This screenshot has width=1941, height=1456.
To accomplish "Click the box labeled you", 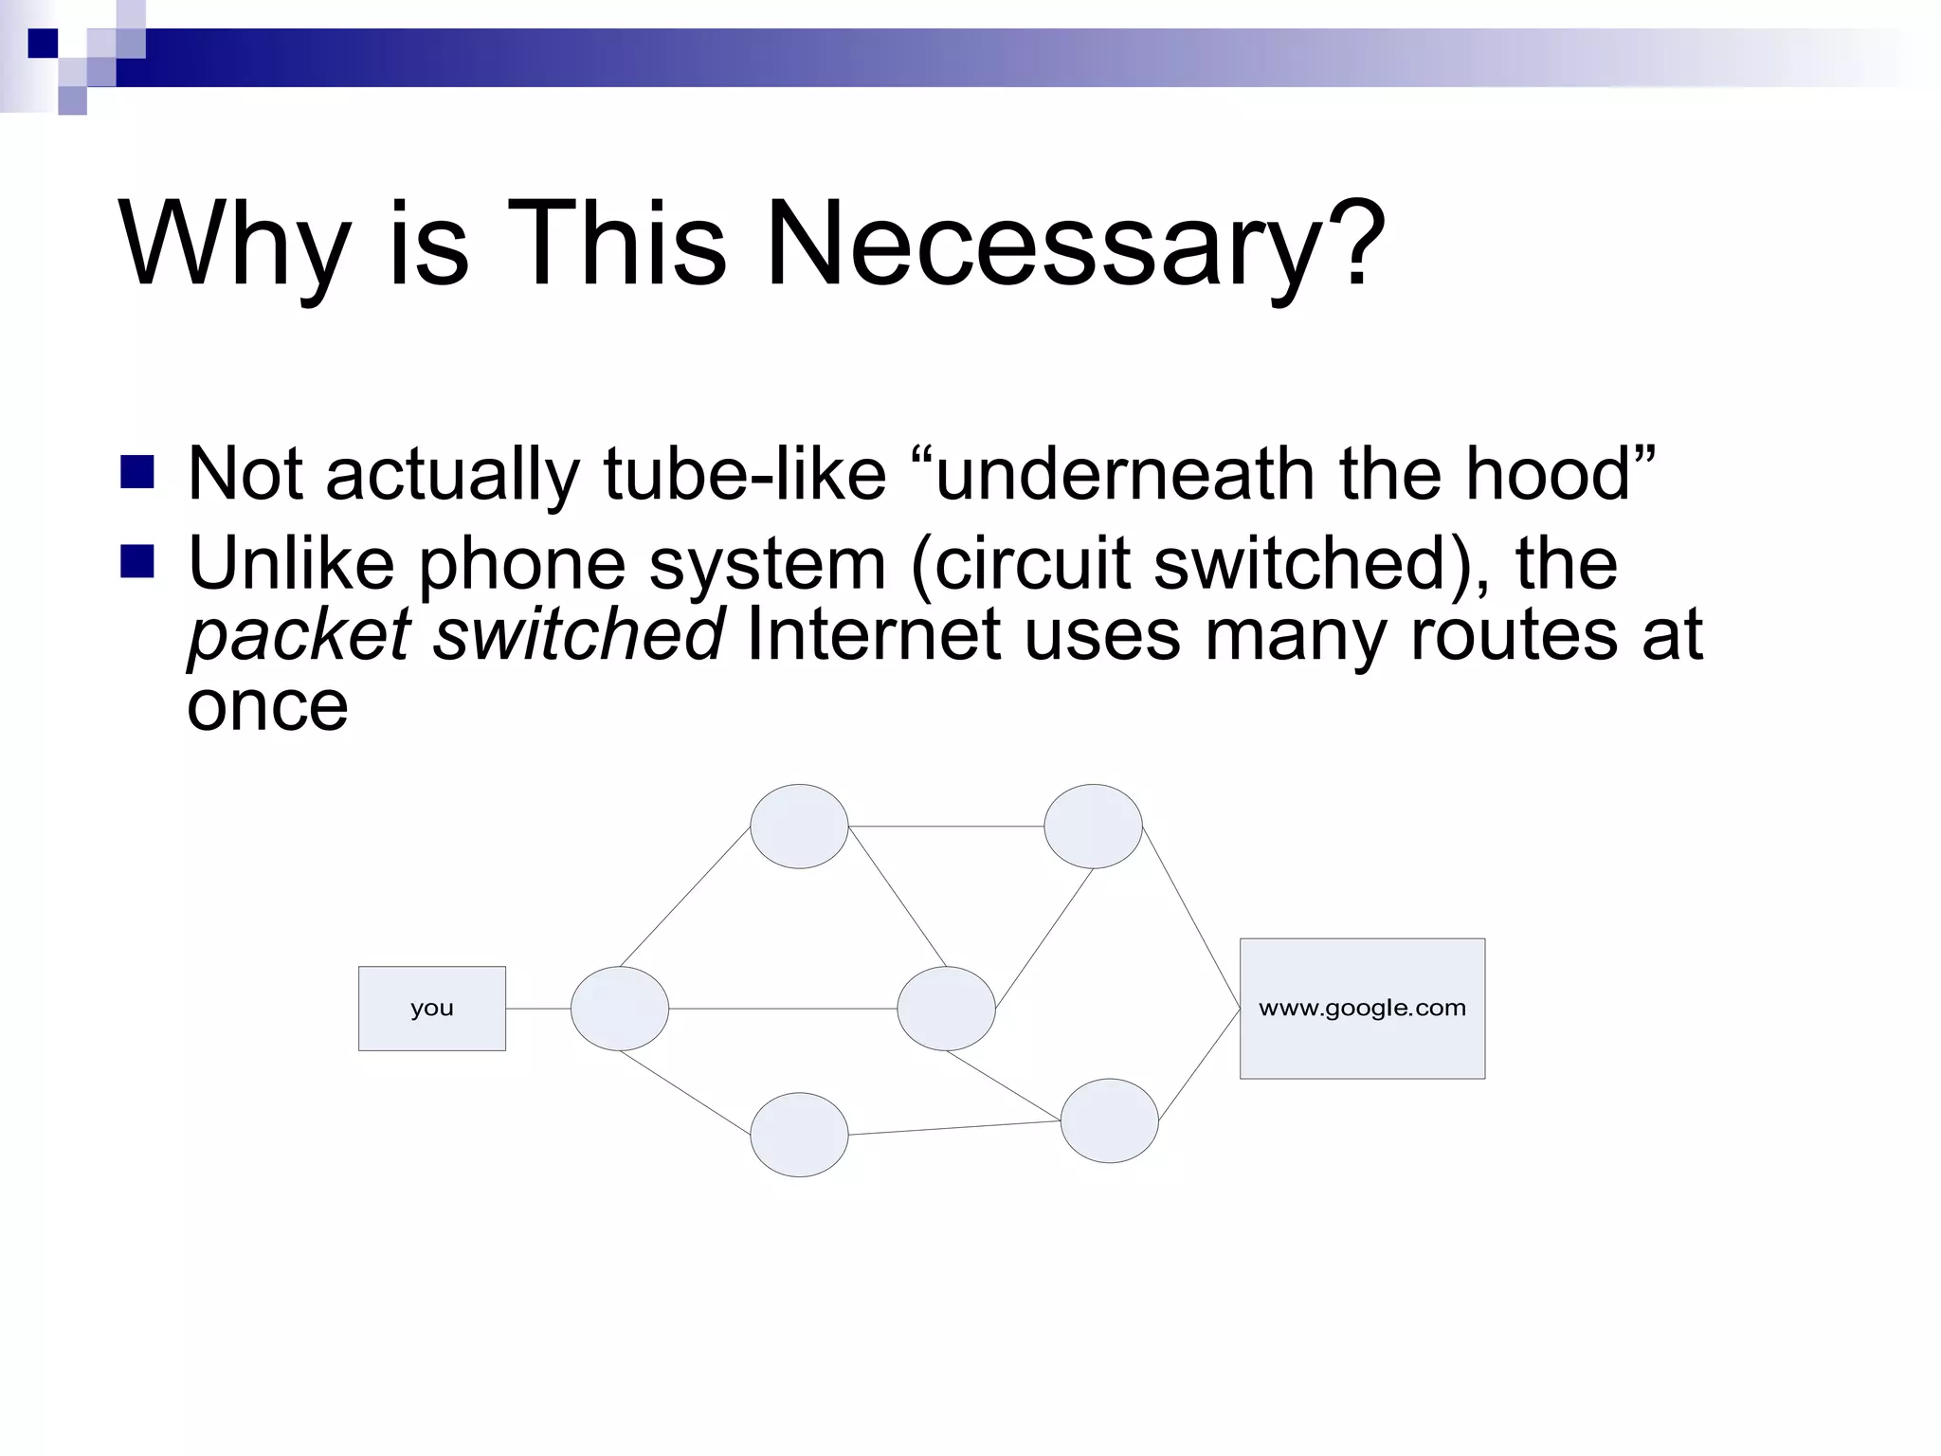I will coord(431,1008).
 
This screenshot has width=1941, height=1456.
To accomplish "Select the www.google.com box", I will coord(1362,1008).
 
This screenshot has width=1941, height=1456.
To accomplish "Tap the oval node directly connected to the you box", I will coord(619,1008).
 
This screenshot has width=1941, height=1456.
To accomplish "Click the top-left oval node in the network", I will coord(799,826).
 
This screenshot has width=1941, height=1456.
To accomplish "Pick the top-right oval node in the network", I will coord(1093,826).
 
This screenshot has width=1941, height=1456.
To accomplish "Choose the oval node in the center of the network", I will coord(946,1008).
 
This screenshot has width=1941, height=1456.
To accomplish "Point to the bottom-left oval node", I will coord(799,1135).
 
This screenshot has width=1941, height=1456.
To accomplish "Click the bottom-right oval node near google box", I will coord(1109,1120).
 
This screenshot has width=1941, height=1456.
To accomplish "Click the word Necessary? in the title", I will coord(1076,245).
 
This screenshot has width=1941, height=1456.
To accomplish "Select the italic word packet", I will coord(299,635).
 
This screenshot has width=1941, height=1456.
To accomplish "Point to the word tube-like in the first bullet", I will coord(744,473).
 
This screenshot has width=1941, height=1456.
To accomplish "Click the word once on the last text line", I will coord(267,706).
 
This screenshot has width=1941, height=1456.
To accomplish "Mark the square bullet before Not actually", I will coord(137,472).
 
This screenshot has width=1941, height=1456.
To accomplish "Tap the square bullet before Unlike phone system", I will coord(137,562).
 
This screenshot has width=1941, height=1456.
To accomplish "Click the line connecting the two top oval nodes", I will coord(946,827).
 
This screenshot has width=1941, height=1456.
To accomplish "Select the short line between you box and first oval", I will coord(538,1009).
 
